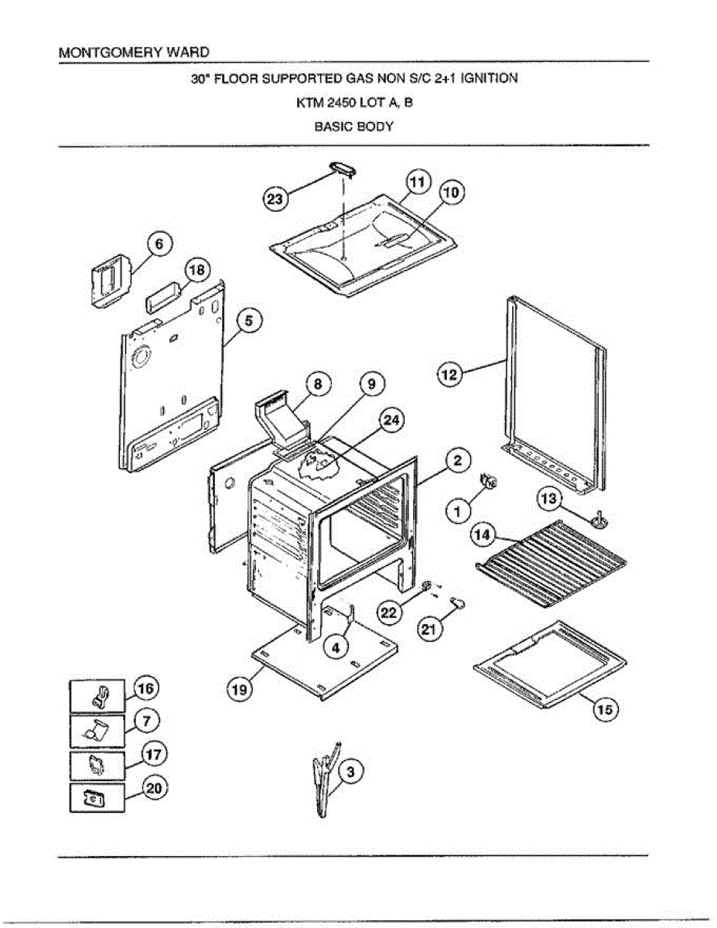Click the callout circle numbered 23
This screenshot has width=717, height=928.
pos(275,199)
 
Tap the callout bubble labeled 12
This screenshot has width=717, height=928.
pos(449,375)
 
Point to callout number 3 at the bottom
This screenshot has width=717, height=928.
pos(350,771)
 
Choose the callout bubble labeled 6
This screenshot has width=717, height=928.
pos(159,244)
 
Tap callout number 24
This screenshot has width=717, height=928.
pos(392,421)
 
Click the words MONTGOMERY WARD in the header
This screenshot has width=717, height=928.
pos(134,53)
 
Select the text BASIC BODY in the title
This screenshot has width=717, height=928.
pos(353,127)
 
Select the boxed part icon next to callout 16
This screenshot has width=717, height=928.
pos(98,696)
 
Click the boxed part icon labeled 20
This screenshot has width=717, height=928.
pos(98,797)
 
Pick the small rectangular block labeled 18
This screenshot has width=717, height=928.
pos(162,295)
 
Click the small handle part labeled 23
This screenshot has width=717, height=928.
pos(340,169)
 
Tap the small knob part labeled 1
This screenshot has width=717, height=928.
pos(490,483)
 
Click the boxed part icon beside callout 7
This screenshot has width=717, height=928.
pos(98,729)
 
